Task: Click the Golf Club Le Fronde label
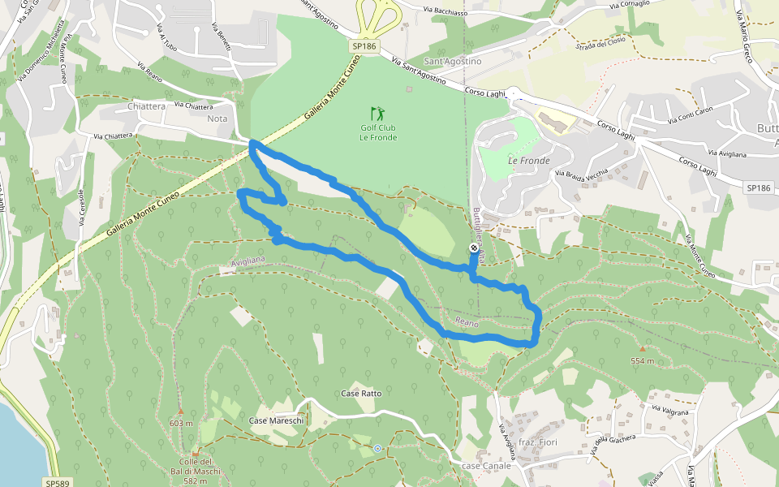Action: (x=377, y=132)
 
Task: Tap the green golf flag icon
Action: (x=377, y=113)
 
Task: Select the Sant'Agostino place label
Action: (x=453, y=62)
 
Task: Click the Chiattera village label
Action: (x=147, y=106)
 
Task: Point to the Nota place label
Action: (x=217, y=119)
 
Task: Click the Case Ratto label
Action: (x=361, y=394)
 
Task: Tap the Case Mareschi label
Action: (x=276, y=420)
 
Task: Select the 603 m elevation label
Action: (x=181, y=423)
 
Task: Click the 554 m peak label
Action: (x=643, y=360)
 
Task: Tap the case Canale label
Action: (x=486, y=466)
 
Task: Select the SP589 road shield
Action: (x=56, y=482)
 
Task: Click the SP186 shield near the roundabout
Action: (x=364, y=47)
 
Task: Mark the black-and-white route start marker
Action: (x=474, y=248)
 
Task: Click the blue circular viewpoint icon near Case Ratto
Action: (x=377, y=448)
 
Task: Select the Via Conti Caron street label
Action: (x=691, y=115)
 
